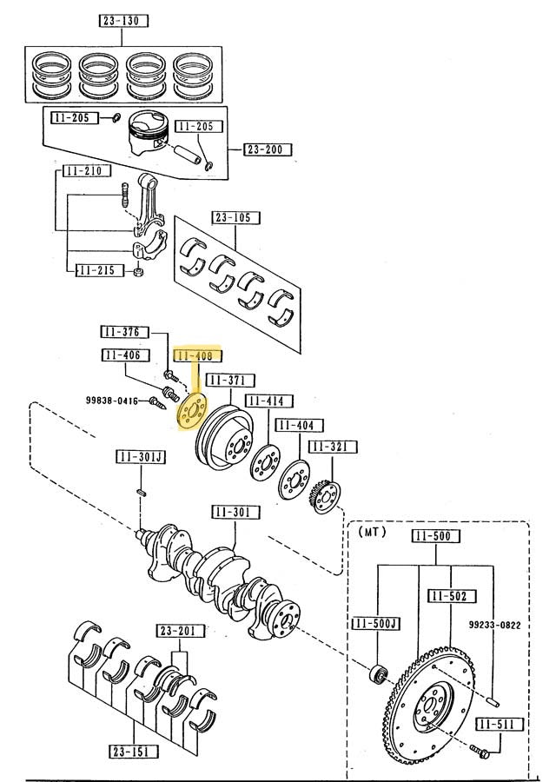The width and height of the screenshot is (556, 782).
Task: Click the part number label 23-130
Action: point(122,21)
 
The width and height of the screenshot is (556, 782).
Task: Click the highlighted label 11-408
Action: point(197,355)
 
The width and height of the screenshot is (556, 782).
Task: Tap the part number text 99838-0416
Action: point(112,400)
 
